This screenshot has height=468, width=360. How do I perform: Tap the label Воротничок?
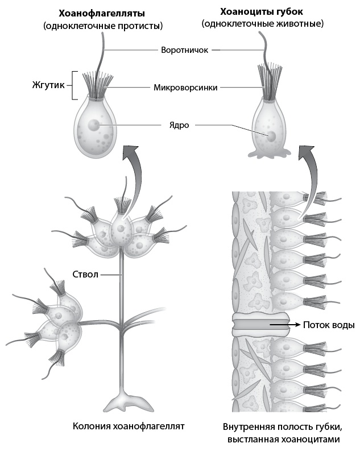pos(185,49)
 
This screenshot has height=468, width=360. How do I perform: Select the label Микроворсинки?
pos(185,88)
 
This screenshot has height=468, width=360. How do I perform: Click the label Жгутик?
pos(48,86)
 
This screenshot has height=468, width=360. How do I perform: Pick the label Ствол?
pos(86,275)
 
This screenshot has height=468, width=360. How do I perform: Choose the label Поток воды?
pos(329,325)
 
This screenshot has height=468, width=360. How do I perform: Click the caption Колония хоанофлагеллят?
pos(129,426)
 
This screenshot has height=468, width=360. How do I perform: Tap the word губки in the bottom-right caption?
pos(329,426)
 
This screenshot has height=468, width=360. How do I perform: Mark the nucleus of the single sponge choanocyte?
pos(272,136)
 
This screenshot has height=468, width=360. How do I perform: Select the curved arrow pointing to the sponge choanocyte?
pos(307,176)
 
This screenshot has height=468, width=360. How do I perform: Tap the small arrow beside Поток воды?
pos(284,325)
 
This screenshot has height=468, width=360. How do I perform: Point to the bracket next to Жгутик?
pos(73,86)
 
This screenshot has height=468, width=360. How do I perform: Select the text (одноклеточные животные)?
pos(262,24)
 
